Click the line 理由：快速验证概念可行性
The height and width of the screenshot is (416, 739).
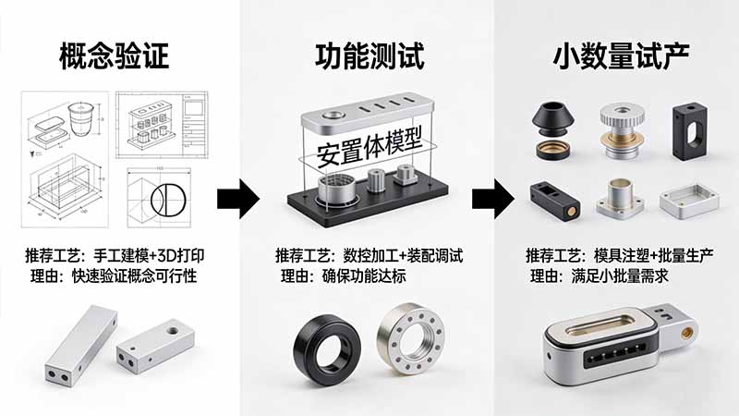121,275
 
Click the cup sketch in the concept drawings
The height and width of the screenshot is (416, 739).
82,117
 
